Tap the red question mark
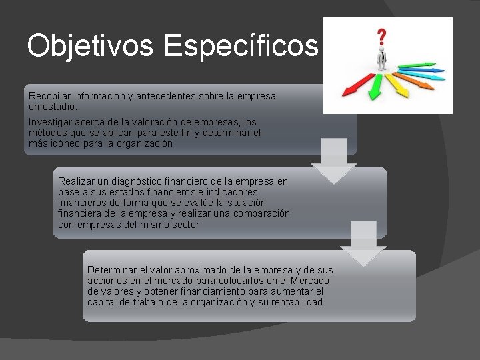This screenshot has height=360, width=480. pos(382,35)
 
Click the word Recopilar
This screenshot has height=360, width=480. pos(50,96)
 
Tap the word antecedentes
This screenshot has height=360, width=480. pos(163,96)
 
